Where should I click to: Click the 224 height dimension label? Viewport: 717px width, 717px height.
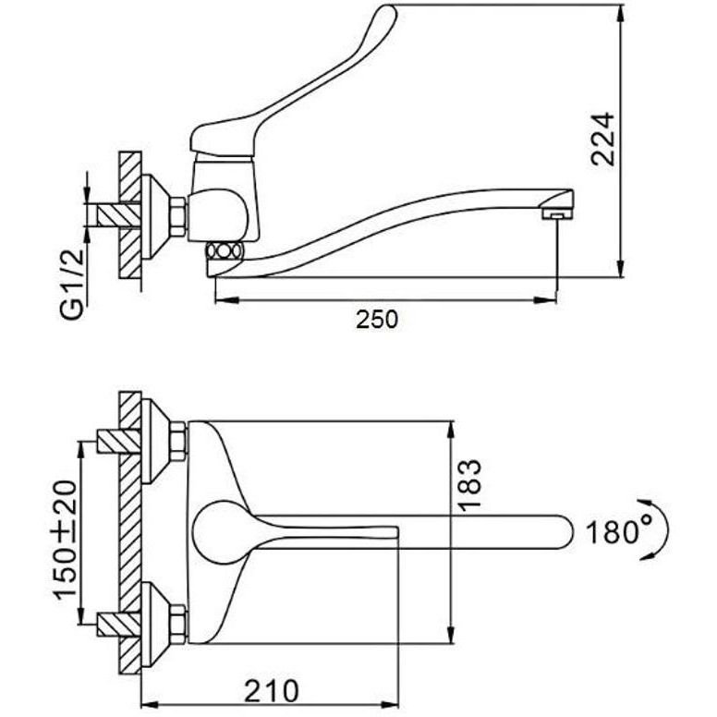[x=602, y=138]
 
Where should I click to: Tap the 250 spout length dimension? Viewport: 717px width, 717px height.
[x=377, y=319]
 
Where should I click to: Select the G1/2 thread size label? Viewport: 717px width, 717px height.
[x=73, y=284]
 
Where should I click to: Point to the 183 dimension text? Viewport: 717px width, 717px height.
[x=469, y=485]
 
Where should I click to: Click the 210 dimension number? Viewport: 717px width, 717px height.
[x=271, y=690]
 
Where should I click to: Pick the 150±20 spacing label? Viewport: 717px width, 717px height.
[x=65, y=540]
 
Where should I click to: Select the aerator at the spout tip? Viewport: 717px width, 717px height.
[x=555, y=214]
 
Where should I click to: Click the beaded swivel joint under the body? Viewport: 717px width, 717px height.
[x=224, y=251]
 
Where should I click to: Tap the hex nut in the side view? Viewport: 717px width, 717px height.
[x=178, y=216]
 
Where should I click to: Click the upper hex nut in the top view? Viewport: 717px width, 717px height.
[x=178, y=442]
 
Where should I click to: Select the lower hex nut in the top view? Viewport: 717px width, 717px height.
[x=178, y=624]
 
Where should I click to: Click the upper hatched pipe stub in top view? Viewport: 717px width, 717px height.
[x=118, y=442]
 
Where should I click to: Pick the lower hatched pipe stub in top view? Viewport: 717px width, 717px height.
[x=118, y=624]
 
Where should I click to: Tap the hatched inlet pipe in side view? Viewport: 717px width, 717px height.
[x=118, y=215]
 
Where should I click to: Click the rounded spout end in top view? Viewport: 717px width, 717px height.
[x=564, y=532]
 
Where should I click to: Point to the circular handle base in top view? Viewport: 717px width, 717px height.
[x=219, y=532]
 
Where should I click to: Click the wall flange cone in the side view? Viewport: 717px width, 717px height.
[x=155, y=216]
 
